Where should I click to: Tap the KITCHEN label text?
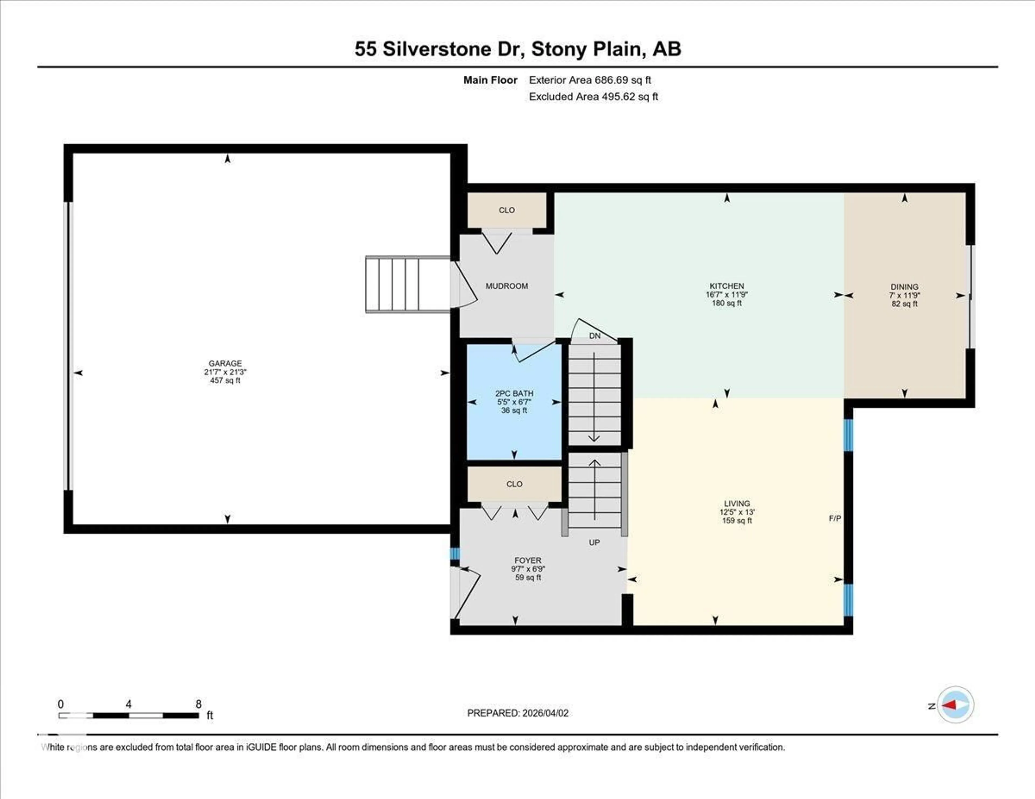(726, 286)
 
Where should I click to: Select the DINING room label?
(904, 287)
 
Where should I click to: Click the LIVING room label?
(737, 503)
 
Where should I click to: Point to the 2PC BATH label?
(514, 393)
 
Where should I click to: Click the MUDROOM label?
(507, 286)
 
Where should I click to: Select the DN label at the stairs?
(595, 336)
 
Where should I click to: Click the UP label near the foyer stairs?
(594, 542)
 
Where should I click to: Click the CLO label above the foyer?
(514, 484)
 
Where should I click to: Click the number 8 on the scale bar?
(199, 704)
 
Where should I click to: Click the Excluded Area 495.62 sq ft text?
(593, 97)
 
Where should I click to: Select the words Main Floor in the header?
(490, 80)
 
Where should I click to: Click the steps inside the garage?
(407, 284)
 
